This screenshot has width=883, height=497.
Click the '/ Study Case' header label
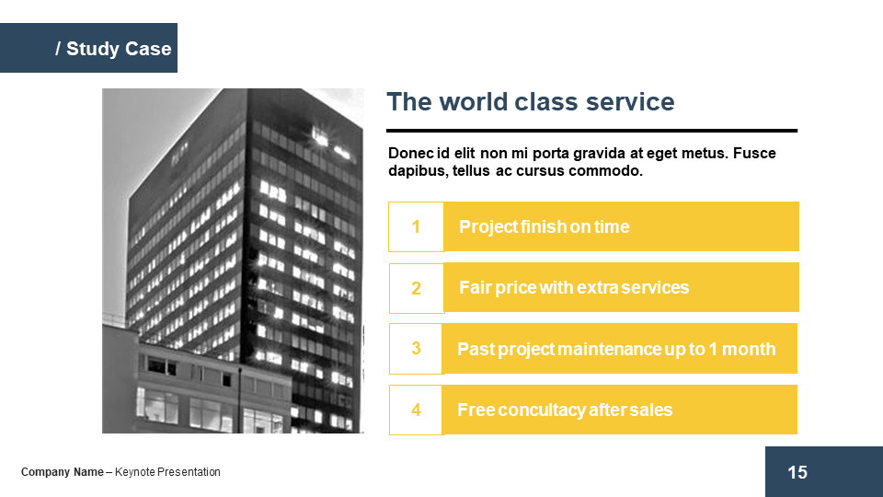coord(113,49)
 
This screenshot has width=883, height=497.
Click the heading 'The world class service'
coord(531,102)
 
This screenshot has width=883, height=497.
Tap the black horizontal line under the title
coord(591,131)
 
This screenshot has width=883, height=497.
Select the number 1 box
coord(416,226)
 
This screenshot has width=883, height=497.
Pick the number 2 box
coord(416,288)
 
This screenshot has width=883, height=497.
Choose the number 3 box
coord(416,349)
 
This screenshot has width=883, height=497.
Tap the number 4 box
coord(416,410)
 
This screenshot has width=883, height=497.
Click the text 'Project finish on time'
coord(544,226)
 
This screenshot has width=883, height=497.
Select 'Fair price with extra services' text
coord(574,287)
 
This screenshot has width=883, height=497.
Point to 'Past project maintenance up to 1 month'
coord(616,349)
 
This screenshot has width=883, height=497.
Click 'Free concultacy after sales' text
coord(565,410)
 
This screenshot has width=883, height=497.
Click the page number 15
coord(797,472)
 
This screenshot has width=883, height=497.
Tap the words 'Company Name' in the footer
coord(63,472)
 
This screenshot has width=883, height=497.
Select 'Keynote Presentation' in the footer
coord(167,472)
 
